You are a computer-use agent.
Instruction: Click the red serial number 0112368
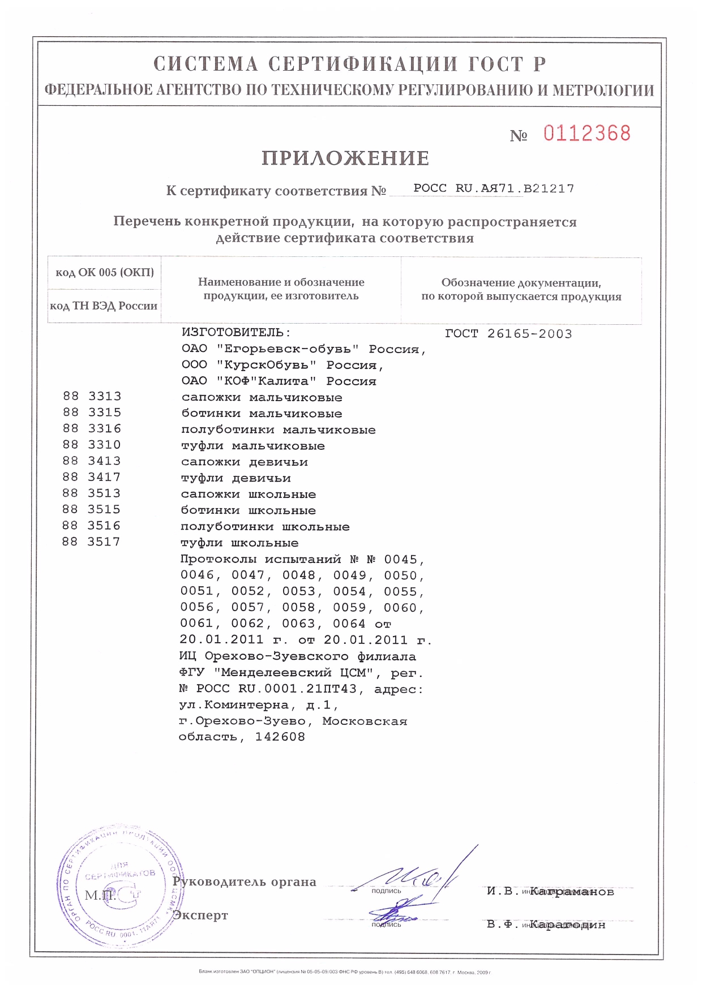pyautogui.click(x=587, y=134)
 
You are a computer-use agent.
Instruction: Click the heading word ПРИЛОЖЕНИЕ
pyautogui.click(x=345, y=158)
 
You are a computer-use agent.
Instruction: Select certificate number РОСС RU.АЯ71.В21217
pyautogui.click(x=494, y=188)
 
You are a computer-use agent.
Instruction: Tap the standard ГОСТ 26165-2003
pyautogui.click(x=508, y=334)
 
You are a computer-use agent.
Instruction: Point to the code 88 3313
pyautogui.click(x=92, y=396)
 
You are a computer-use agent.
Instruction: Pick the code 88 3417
pyautogui.click(x=92, y=477)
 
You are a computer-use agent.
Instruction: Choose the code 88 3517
pyautogui.click(x=91, y=541)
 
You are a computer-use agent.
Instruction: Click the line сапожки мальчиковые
pyautogui.click(x=262, y=397)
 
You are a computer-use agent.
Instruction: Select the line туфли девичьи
pyautogui.click(x=236, y=478)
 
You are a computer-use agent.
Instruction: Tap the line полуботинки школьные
pyautogui.click(x=265, y=527)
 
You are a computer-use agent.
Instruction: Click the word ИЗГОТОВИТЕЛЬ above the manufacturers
pyautogui.click(x=236, y=332)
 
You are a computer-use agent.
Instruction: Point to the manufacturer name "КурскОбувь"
pyautogui.click(x=266, y=365)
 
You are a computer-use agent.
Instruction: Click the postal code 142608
pyautogui.click(x=280, y=737)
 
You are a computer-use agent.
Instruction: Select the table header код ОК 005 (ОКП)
pyautogui.click(x=105, y=272)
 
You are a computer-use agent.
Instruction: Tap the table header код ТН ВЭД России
pyautogui.click(x=104, y=306)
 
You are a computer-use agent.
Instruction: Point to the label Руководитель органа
pyautogui.click(x=244, y=882)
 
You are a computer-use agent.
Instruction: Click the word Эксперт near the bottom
pyautogui.click(x=200, y=915)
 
